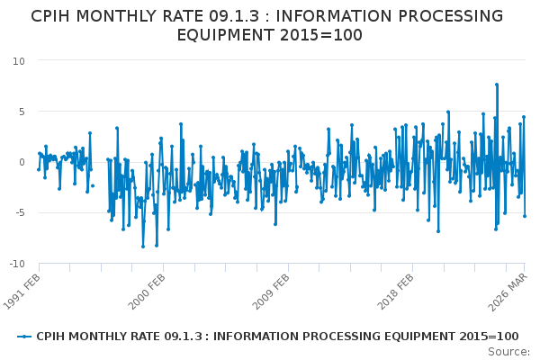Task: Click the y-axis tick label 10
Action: coord(18,60)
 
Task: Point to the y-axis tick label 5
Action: coord(21,112)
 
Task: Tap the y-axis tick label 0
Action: coord(21,162)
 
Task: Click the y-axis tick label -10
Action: coord(16,264)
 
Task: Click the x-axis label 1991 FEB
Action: coord(23,291)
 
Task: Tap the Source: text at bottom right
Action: coord(509,351)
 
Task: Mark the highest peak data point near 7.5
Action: coord(496,85)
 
